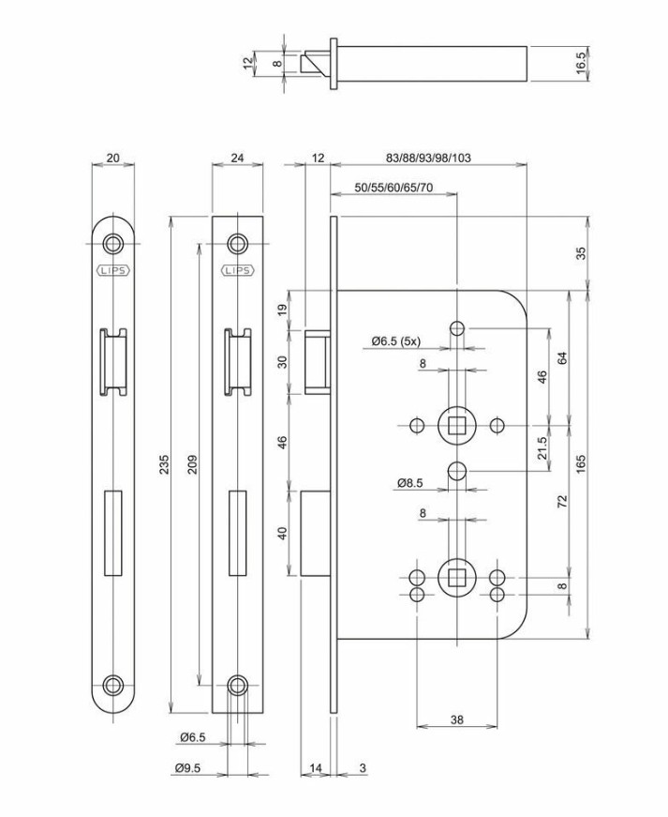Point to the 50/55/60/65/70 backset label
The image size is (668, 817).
(393, 188)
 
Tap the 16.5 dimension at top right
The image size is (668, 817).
(582, 63)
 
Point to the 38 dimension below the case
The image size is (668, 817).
(456, 720)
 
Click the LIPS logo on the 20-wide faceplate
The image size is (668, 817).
(113, 270)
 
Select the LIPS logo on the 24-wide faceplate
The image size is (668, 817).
(238, 270)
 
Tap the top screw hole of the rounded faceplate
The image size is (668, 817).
(113, 243)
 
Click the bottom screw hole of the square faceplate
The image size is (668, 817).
(238, 685)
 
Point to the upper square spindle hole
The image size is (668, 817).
(456, 426)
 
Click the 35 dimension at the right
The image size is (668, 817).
(582, 253)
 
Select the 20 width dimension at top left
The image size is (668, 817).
(113, 158)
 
